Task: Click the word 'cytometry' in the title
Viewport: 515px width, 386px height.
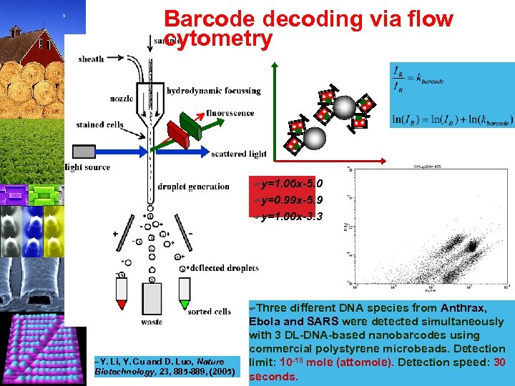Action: (218, 40)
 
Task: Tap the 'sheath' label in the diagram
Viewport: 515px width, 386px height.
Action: (91, 59)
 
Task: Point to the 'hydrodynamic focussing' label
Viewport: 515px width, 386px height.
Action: (213, 91)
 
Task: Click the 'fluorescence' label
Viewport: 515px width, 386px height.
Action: (230, 112)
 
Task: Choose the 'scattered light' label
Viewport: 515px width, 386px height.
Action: (238, 153)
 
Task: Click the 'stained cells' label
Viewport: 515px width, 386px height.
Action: (99, 124)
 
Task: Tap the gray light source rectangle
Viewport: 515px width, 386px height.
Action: (83, 151)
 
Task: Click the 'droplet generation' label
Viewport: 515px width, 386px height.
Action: (193, 187)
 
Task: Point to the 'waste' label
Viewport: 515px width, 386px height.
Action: (151, 322)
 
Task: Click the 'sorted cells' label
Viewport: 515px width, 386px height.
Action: (209, 312)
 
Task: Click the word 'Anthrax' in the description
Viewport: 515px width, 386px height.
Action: (463, 308)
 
